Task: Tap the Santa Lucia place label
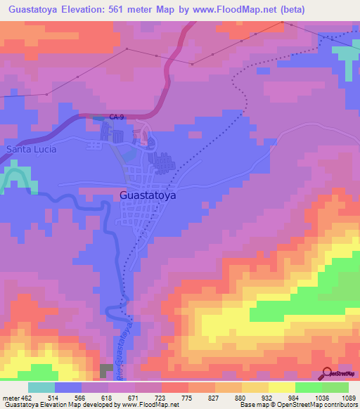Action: tap(31, 150)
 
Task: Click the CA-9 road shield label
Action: tap(117, 117)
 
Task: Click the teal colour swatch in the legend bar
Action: tap(41, 387)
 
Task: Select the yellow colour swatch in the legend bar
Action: tap(281, 387)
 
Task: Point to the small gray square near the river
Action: tap(106, 370)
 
